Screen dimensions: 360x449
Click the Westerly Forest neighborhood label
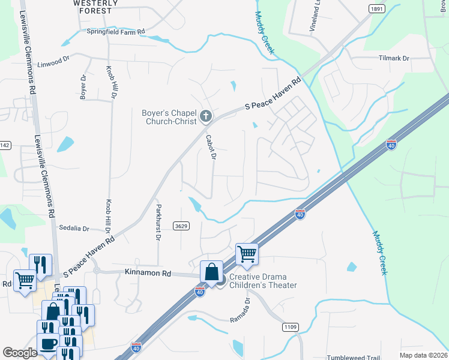click(x=92, y=7)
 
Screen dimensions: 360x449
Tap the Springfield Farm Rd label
click(x=116, y=31)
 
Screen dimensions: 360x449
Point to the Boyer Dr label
click(x=83, y=87)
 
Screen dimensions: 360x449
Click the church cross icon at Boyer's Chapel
click(x=206, y=115)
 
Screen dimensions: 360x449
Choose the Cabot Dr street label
click(x=210, y=146)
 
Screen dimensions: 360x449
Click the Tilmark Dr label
click(x=394, y=58)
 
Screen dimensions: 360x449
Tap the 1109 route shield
click(x=291, y=326)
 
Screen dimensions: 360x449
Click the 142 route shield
click(x=5, y=145)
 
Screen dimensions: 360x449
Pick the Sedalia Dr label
click(x=74, y=229)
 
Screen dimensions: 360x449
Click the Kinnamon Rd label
click(x=149, y=274)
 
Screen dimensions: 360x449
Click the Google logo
click(x=20, y=352)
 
